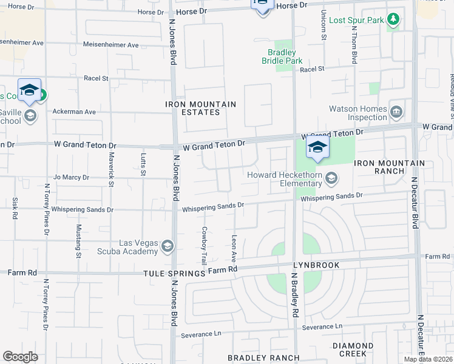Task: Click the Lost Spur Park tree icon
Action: tap(393, 20)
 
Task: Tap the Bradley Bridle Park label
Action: tap(282, 56)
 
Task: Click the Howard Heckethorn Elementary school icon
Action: tap(331, 178)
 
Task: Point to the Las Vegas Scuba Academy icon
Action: tap(167, 246)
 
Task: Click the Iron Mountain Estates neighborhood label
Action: tap(200, 108)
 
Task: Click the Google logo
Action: tap(20, 357)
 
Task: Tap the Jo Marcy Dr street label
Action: tap(71, 178)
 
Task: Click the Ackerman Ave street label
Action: tap(75, 112)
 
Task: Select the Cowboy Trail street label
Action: tap(205, 246)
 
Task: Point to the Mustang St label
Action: tap(78, 241)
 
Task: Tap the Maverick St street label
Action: tap(111, 165)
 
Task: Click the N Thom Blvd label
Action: tap(353, 45)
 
